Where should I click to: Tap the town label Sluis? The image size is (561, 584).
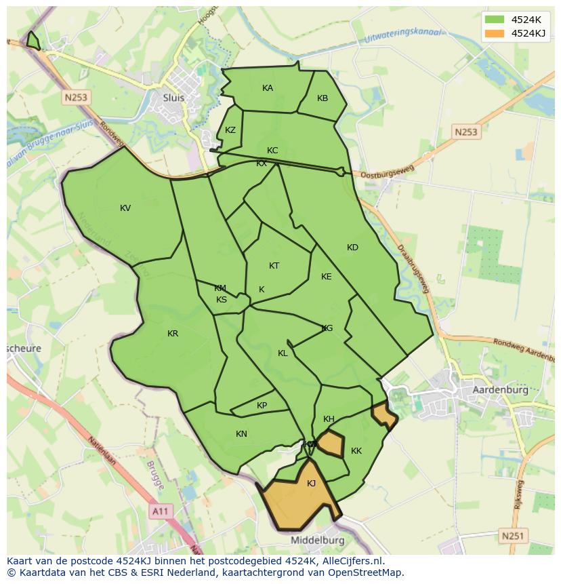click(173, 98)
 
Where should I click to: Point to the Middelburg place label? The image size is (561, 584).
click(317, 541)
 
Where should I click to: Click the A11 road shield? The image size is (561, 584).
click(160, 511)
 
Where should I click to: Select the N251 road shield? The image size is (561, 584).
click(513, 536)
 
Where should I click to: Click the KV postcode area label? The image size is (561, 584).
click(125, 208)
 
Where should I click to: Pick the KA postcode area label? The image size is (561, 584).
click(268, 88)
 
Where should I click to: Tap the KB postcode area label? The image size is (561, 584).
click(323, 98)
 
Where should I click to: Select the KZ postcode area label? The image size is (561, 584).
click(230, 130)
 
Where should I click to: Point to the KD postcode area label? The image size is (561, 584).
click(352, 248)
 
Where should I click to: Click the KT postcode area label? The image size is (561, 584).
click(274, 266)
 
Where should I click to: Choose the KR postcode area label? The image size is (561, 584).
click(173, 334)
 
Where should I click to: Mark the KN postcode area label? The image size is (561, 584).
click(241, 434)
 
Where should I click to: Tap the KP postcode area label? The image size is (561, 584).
click(262, 406)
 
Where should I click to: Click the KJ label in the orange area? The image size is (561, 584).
click(311, 484)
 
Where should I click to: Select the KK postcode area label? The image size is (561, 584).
click(356, 451)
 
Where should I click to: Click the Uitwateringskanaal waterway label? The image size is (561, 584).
click(402, 35)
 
